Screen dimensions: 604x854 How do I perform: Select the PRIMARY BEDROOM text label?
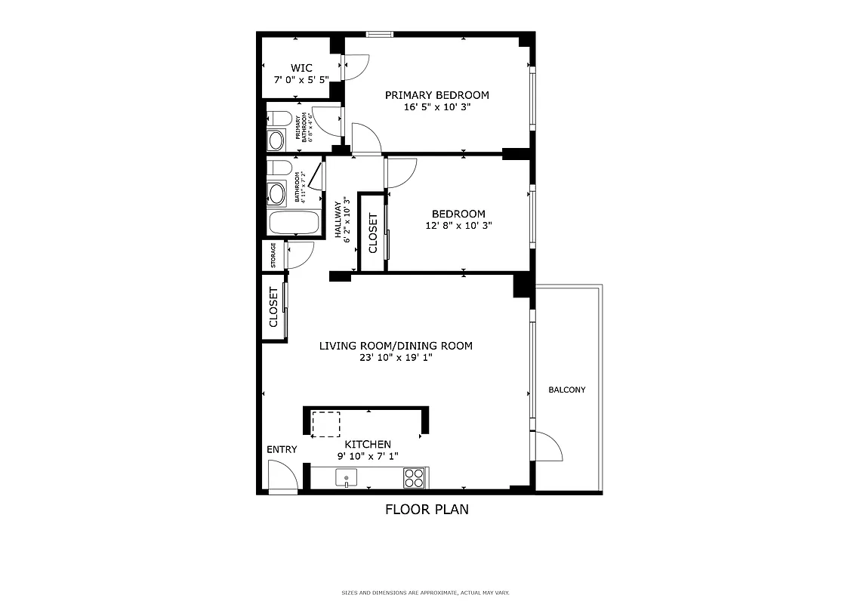click(436, 95)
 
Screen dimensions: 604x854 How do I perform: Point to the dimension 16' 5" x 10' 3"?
click(436, 107)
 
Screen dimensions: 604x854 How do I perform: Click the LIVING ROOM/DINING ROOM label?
click(396, 346)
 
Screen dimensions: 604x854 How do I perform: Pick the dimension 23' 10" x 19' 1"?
click(396, 358)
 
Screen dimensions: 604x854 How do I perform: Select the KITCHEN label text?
click(368, 445)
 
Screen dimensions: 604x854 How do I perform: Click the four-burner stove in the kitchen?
click(414, 477)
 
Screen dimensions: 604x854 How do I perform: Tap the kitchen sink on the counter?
click(347, 478)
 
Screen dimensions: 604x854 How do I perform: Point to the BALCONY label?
click(566, 390)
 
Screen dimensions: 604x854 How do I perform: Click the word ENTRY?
click(282, 450)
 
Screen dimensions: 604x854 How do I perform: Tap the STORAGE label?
click(273, 255)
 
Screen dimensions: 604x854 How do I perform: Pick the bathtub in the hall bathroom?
click(294, 223)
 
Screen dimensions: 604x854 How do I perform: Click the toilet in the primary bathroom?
click(279, 119)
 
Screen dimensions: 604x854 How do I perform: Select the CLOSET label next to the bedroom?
click(372, 233)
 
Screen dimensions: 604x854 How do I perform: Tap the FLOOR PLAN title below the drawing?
click(427, 510)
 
